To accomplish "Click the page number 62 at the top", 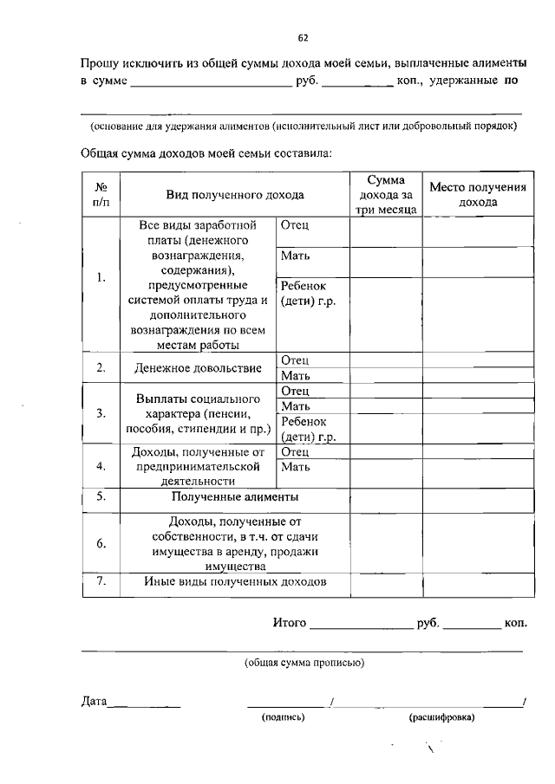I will [x=303, y=37].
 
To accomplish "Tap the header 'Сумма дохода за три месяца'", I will [x=385, y=195].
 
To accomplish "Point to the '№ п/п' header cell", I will [x=101, y=195].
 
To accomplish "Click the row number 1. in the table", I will [x=101, y=277].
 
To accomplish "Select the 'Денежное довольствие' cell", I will [x=198, y=367].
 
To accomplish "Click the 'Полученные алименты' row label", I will [x=234, y=496].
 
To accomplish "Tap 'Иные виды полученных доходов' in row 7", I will [x=235, y=581].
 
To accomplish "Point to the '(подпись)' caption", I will [x=283, y=717].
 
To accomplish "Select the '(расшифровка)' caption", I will [x=441, y=717].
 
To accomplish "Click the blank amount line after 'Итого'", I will [x=360, y=625].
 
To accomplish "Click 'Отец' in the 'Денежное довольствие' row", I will [x=296, y=360].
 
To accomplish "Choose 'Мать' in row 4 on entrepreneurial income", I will [x=296, y=467].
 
